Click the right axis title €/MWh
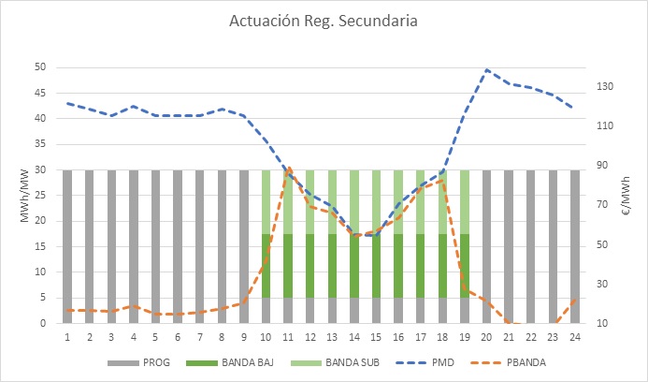coord(626,196)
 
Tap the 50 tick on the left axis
coord(40,67)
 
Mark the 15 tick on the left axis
coord(40,246)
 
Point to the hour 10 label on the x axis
coord(266,334)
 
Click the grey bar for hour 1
coord(67,246)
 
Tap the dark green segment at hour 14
coord(354,266)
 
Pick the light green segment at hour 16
coord(398,201)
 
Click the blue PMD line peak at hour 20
coord(487,69)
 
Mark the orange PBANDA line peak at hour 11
coord(288,168)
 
